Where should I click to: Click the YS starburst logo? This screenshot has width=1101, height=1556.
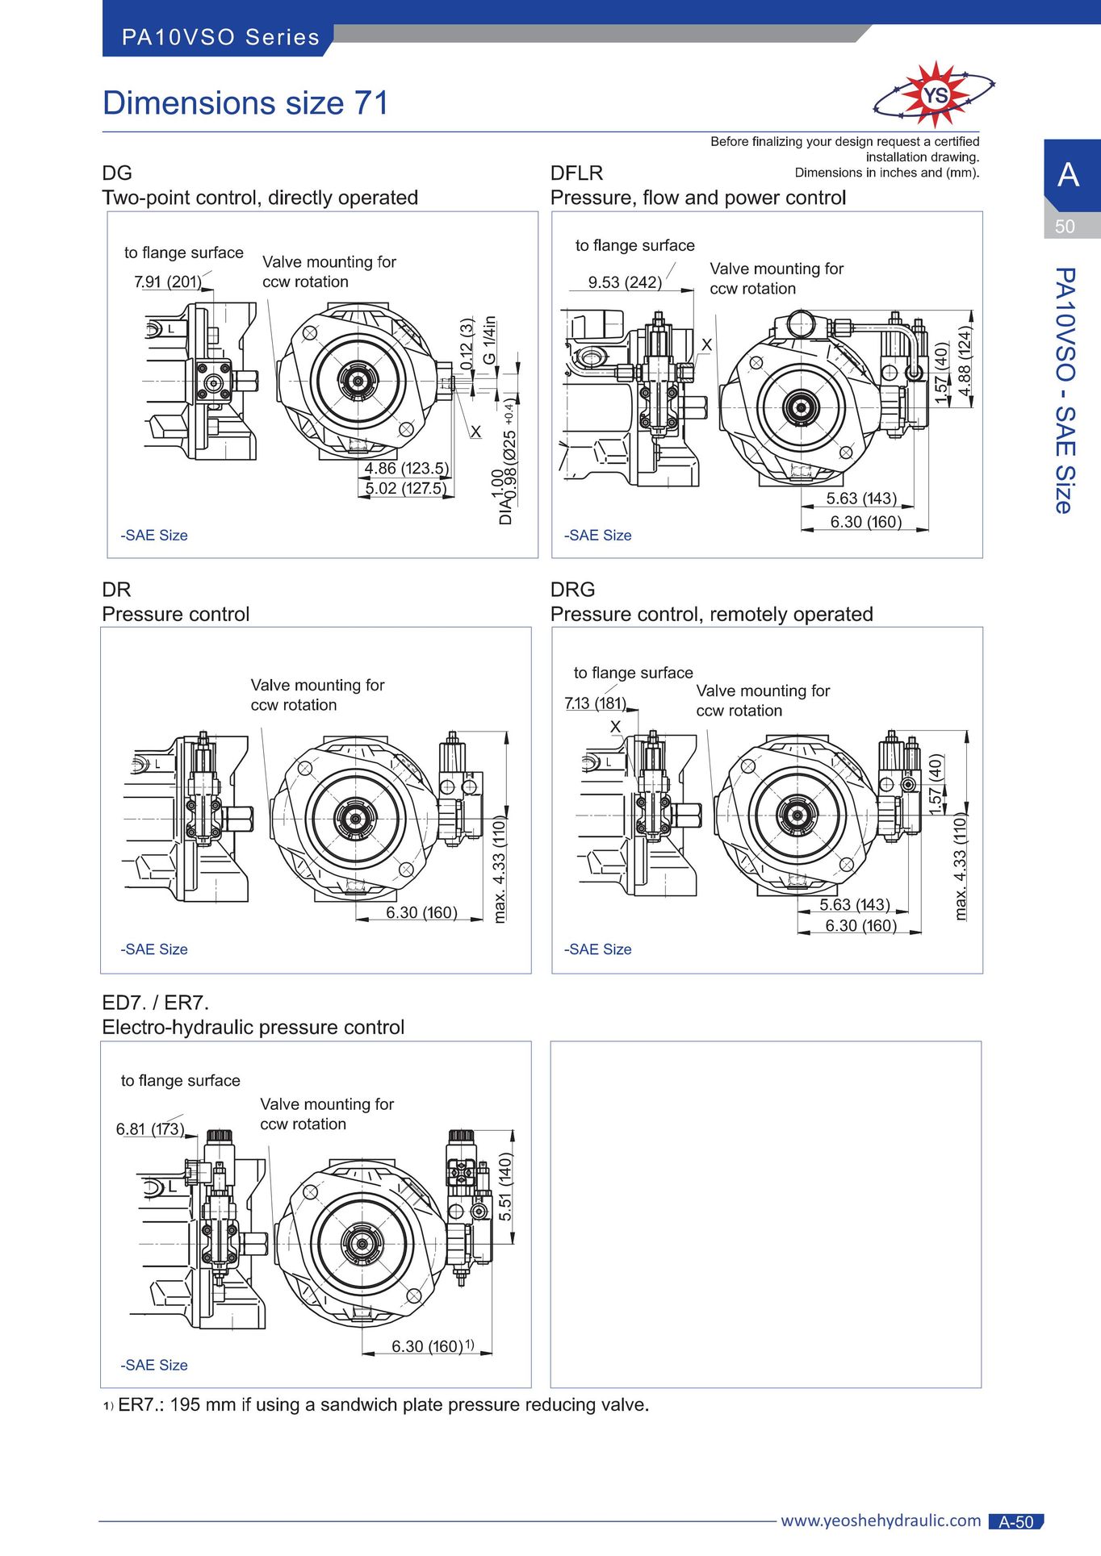point(934,95)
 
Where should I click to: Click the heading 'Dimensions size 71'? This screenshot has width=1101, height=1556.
point(245,103)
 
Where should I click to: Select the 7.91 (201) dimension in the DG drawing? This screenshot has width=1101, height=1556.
point(168,282)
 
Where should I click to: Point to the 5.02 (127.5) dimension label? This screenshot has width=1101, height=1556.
point(405,488)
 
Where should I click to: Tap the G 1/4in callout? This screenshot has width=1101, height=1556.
point(489,340)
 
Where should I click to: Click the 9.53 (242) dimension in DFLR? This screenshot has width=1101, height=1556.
point(625,282)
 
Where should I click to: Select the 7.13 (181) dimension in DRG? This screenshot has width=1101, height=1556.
point(596,703)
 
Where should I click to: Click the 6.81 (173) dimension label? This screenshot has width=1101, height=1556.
point(150,1128)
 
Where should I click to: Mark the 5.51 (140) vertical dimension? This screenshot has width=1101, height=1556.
point(505,1187)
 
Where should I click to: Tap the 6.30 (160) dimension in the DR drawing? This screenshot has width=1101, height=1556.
point(421,912)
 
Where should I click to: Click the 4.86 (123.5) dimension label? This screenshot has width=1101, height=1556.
point(406,468)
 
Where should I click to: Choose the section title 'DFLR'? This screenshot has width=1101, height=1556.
point(576,173)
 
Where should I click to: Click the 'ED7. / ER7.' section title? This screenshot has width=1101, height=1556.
point(155,1003)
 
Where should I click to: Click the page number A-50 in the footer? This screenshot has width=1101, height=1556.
point(1016,1521)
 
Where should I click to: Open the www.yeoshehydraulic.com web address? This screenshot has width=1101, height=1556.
point(881,1521)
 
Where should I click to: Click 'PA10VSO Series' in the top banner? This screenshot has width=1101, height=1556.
point(220,37)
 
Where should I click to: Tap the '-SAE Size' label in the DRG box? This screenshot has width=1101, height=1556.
point(597,949)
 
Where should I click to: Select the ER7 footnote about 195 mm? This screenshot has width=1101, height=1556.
point(376,1404)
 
